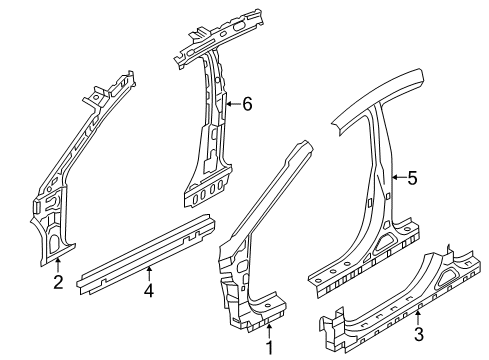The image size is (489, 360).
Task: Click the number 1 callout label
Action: coord(268,348)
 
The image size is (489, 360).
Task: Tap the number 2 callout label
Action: coord(58,283)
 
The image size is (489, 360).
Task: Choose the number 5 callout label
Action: coord(411,179)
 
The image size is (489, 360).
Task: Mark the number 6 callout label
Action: coord(246,102)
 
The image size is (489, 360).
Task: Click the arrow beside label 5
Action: coord(397,179)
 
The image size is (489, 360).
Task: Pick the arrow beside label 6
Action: coord(232,102)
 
